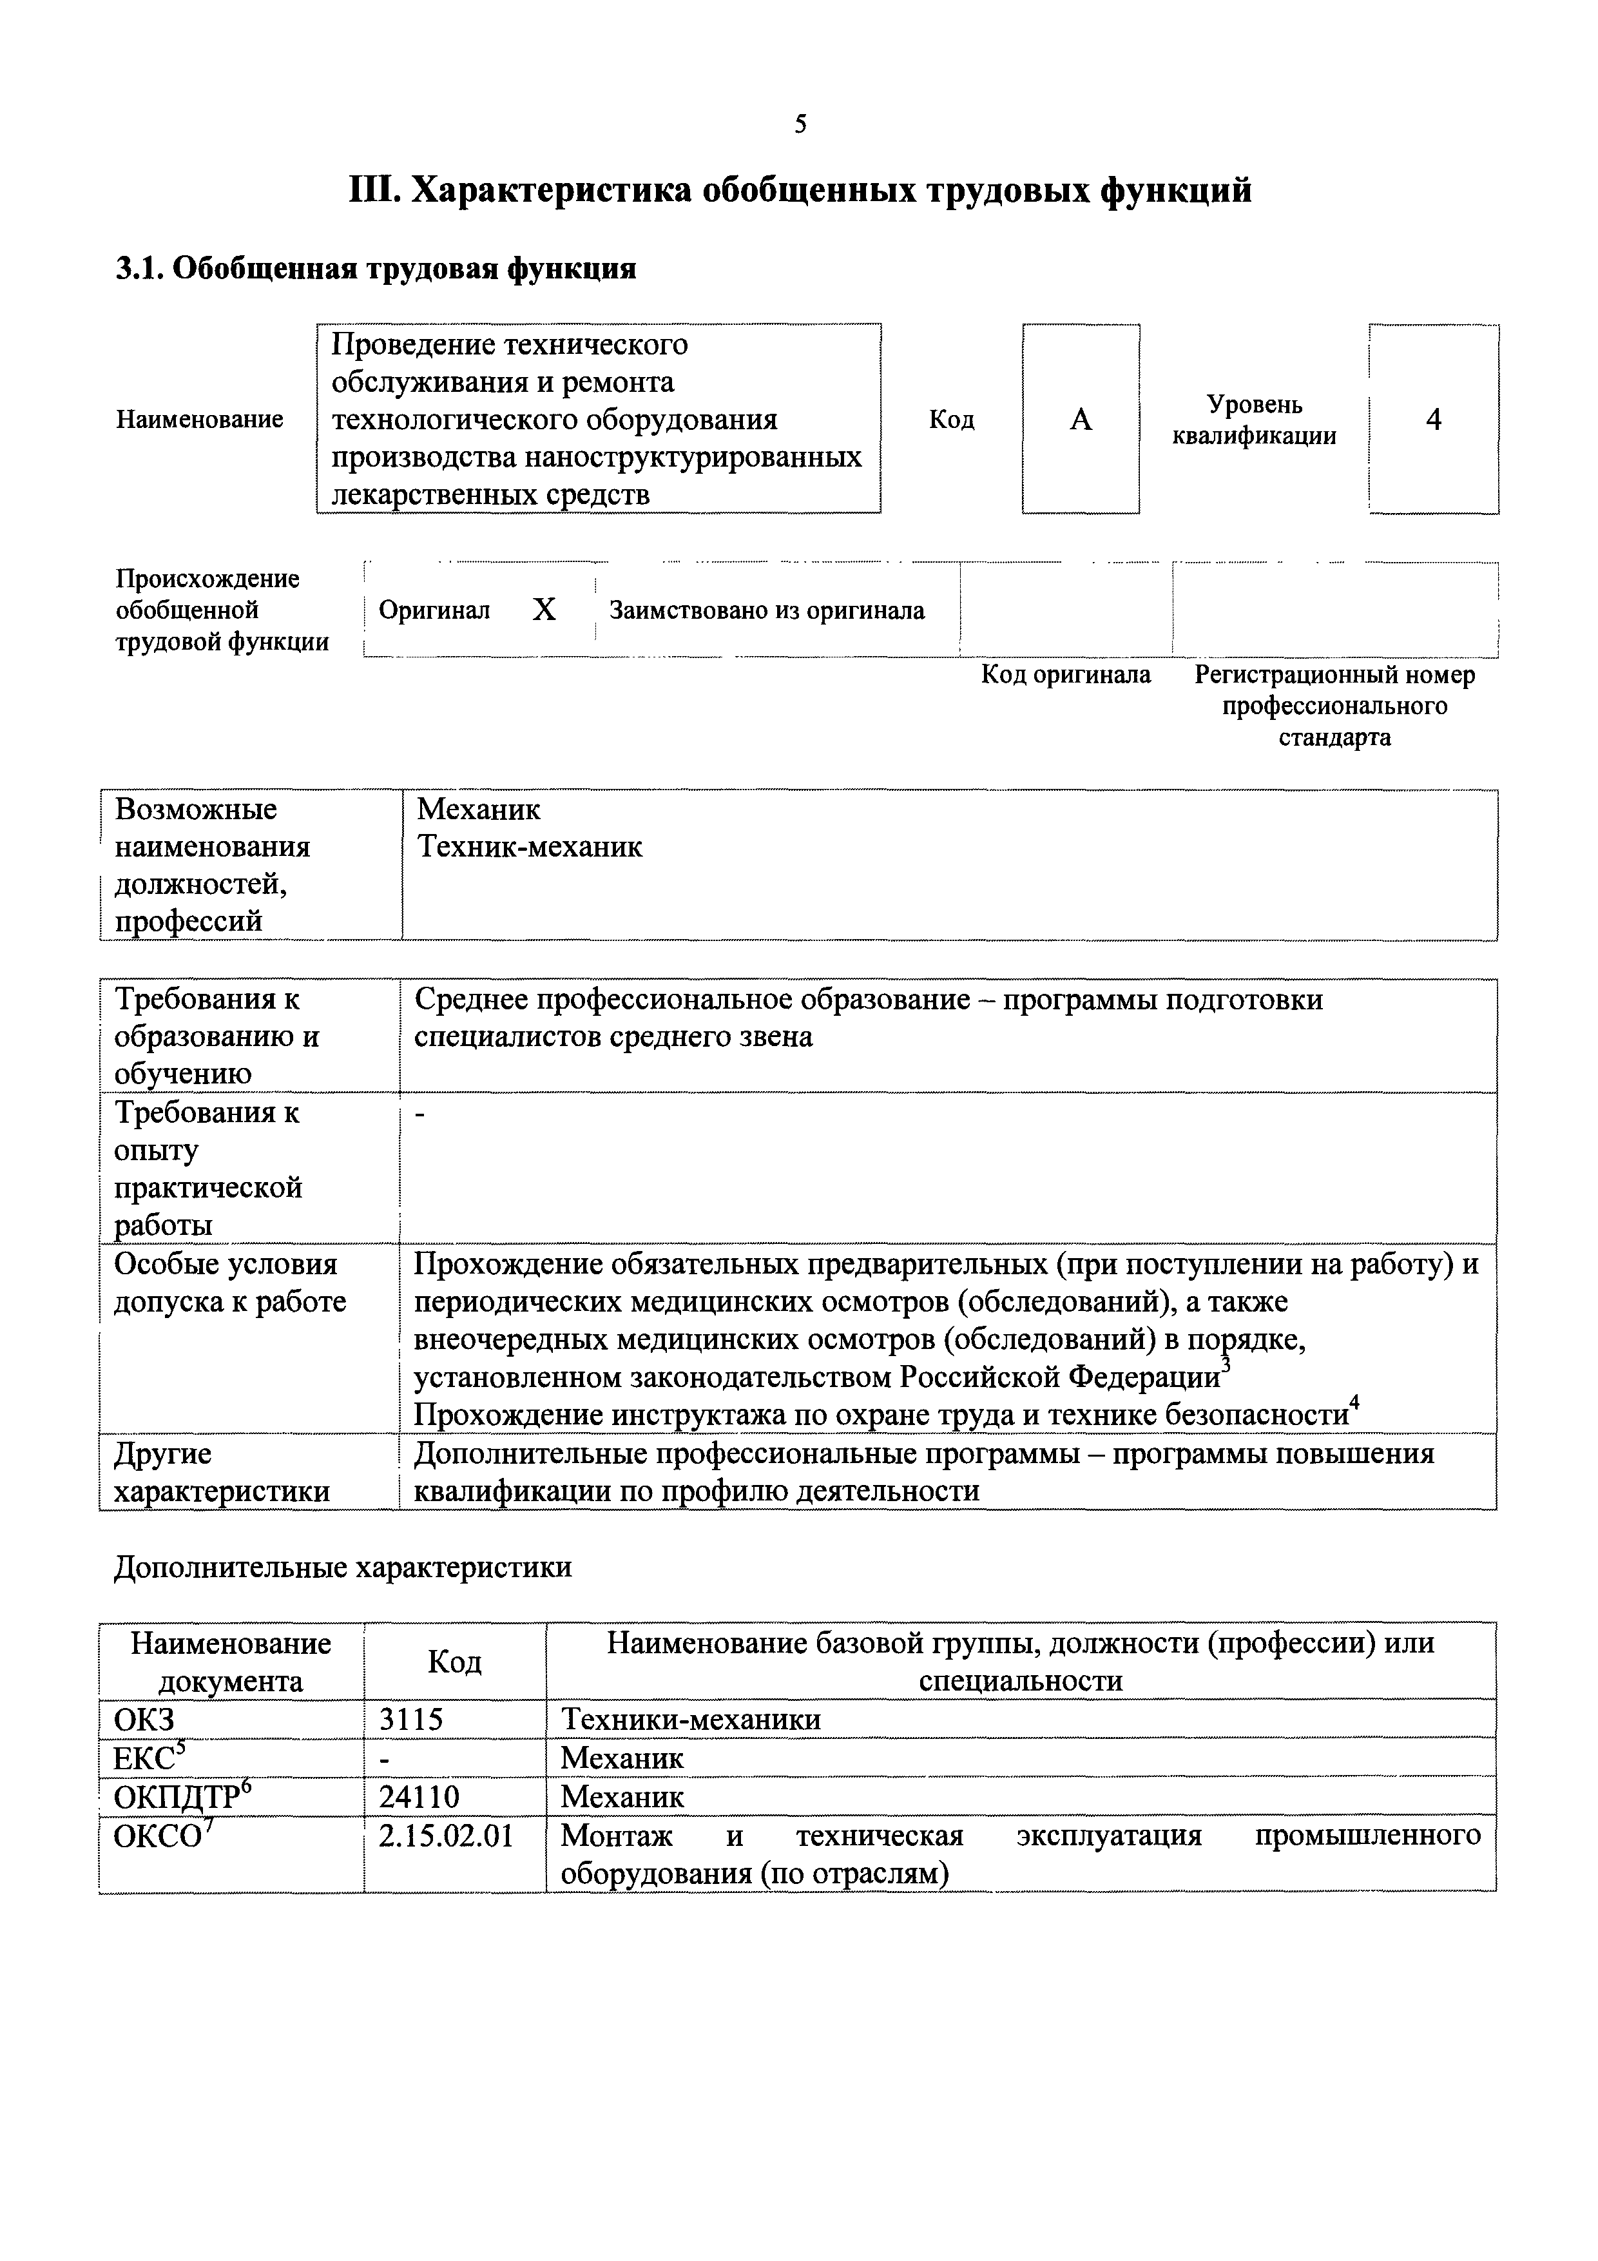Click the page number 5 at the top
pos(800,124)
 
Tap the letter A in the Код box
pos(1081,420)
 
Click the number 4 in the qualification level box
pos(1434,420)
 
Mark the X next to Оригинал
pos(543,610)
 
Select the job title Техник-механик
pos(530,847)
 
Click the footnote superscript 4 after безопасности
pos(1354,1402)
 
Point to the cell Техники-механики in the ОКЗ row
pos(690,1720)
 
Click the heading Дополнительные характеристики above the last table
pos(343,1567)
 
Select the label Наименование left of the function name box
pos(200,420)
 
